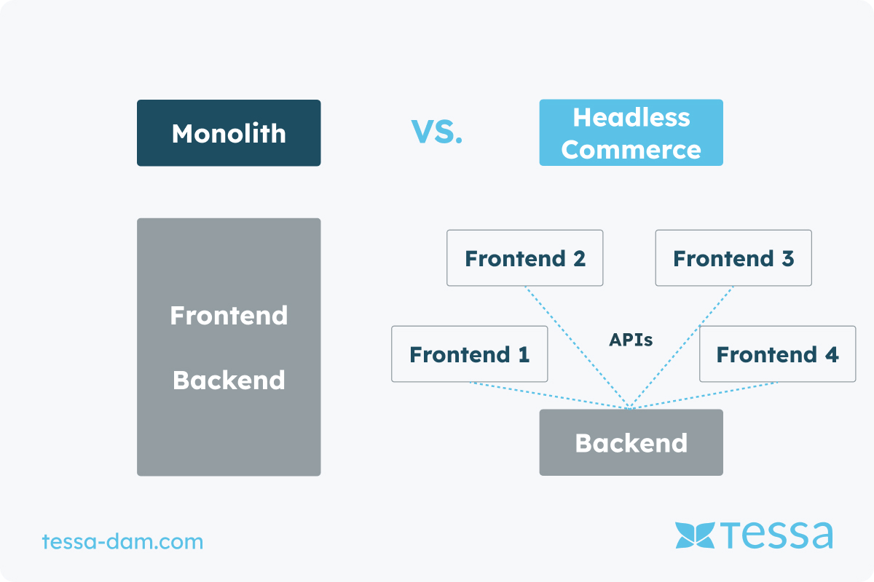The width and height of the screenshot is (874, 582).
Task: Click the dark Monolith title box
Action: [x=229, y=133]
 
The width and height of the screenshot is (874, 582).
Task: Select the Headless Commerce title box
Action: [x=631, y=132]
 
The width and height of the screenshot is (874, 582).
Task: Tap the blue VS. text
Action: [x=436, y=132]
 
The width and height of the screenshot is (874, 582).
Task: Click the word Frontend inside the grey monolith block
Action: [x=229, y=315]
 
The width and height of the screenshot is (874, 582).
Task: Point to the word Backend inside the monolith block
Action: [x=229, y=380]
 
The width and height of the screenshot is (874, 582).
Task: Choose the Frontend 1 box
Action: [x=469, y=354]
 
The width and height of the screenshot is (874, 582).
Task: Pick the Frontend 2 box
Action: [x=525, y=258]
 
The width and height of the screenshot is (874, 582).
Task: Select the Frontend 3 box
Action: [x=733, y=258]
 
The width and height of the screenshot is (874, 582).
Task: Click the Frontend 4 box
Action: [x=778, y=354]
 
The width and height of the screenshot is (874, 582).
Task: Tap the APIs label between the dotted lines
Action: [x=631, y=340]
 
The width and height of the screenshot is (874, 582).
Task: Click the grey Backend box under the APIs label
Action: [x=631, y=442]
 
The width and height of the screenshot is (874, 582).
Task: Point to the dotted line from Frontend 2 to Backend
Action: [x=578, y=347]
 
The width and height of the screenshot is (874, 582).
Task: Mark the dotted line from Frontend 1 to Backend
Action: [x=550, y=396]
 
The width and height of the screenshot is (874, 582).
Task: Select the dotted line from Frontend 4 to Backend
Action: [x=704, y=396]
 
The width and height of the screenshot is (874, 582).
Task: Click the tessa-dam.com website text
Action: [x=122, y=541]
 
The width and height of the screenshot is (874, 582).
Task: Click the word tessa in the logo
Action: [x=777, y=535]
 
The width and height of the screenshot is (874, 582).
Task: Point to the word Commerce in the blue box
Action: [x=631, y=150]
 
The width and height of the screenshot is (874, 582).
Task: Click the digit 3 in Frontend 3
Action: [x=788, y=258]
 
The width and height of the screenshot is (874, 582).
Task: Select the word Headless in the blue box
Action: [x=631, y=117]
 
